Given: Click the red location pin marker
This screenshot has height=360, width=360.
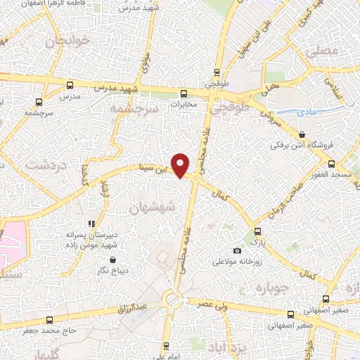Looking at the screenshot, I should pos(181,165).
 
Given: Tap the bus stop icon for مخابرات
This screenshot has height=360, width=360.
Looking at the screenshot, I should pos(184,93).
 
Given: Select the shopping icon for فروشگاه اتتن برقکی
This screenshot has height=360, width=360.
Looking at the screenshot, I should pos(302,134).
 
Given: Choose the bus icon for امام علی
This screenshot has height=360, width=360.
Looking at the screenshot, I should pos(166,346).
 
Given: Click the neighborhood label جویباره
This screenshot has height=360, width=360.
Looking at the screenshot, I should pos(273,288).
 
